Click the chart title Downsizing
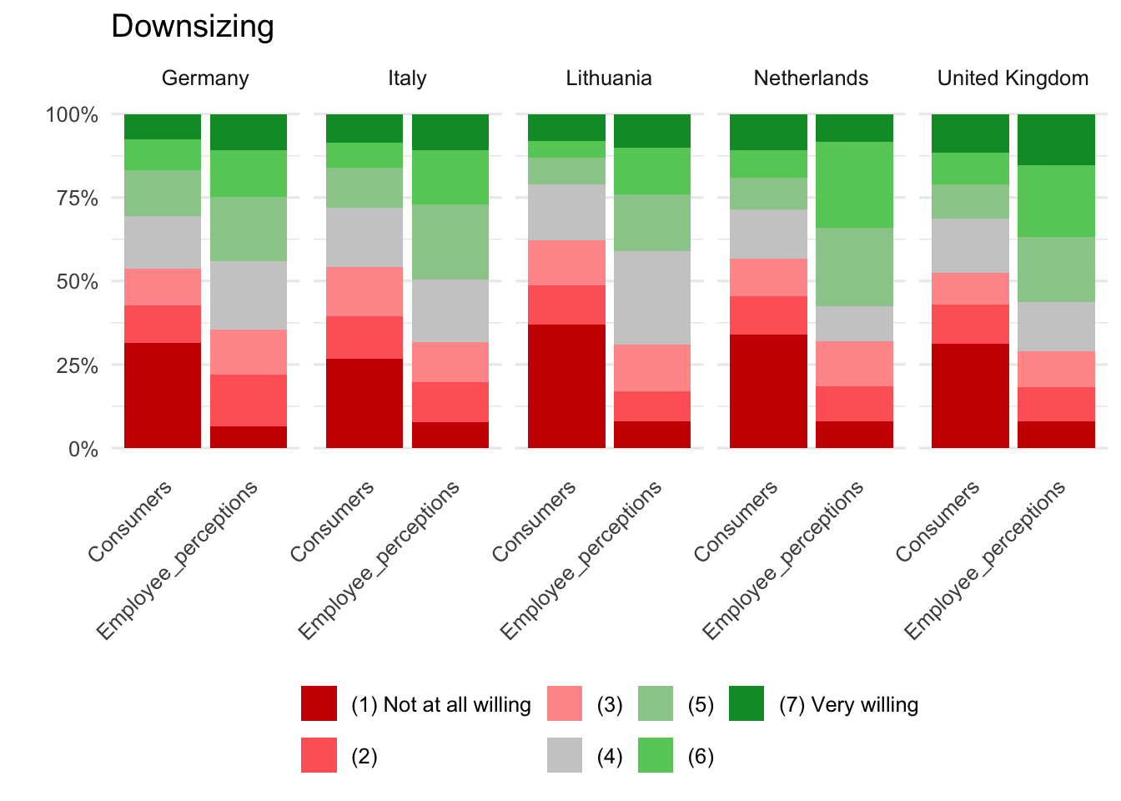point(193,27)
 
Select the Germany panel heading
point(205,78)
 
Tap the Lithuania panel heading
point(609,78)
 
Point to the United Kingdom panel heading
point(1013,78)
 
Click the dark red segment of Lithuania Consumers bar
point(566,386)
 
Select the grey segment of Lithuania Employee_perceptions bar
point(652,298)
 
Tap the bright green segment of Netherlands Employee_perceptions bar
point(854,185)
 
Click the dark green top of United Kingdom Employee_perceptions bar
point(1056,139)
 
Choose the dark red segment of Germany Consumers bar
point(163,395)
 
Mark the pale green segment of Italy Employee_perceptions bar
point(450,242)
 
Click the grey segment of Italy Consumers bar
point(364,238)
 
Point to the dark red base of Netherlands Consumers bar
point(768,391)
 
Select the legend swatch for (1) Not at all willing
point(319,703)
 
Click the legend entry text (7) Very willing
point(848,705)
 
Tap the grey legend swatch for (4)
point(565,755)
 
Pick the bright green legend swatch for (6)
point(656,755)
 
